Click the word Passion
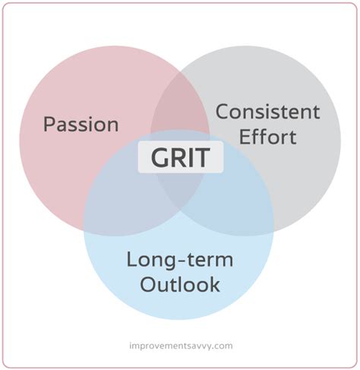tap(81, 124)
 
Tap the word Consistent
tap(267, 112)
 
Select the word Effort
tap(267, 137)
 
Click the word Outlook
tap(180, 284)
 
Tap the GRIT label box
tap(181, 157)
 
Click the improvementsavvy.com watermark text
tap(181, 346)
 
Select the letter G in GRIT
tap(160, 157)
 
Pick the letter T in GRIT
tap(201, 157)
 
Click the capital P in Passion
tap(49, 124)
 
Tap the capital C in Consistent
tap(222, 112)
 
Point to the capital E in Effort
tap(244, 137)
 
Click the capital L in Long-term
tap(131, 260)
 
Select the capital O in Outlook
tap(147, 285)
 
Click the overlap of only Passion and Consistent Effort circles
tap(180, 105)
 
